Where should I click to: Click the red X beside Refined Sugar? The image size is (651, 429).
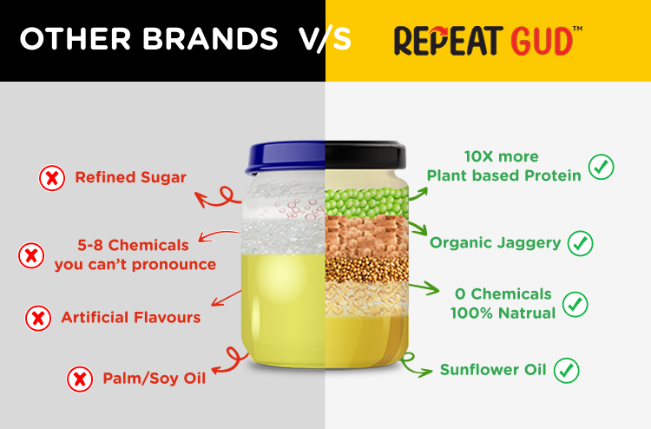coord(52,178)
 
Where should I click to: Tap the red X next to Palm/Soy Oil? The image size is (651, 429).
coord(80,379)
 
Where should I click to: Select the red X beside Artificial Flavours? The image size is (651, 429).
coord(38,319)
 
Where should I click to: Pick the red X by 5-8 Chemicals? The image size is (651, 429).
coord(31,255)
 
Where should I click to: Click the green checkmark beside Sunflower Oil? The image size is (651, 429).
coord(566,371)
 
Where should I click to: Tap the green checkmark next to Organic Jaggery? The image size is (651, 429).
coord(581,243)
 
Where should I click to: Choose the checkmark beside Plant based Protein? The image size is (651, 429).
coord(602,167)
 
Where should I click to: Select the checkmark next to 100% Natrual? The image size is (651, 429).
coord(575,304)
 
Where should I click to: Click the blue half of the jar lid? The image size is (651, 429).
coord(286,157)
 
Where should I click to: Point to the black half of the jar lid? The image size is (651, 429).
coord(365,155)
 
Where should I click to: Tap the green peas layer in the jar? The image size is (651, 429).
coord(366,202)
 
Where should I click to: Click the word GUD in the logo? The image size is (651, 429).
coord(542,41)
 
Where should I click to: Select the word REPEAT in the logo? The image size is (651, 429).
coord(449,41)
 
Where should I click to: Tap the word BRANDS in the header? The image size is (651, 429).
coord(211,38)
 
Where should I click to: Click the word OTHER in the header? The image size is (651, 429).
coord(76,38)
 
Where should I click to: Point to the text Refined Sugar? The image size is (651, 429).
coord(131,177)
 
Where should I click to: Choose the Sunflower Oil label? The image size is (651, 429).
coord(493,370)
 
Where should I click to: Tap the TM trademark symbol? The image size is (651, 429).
coord(577,29)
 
